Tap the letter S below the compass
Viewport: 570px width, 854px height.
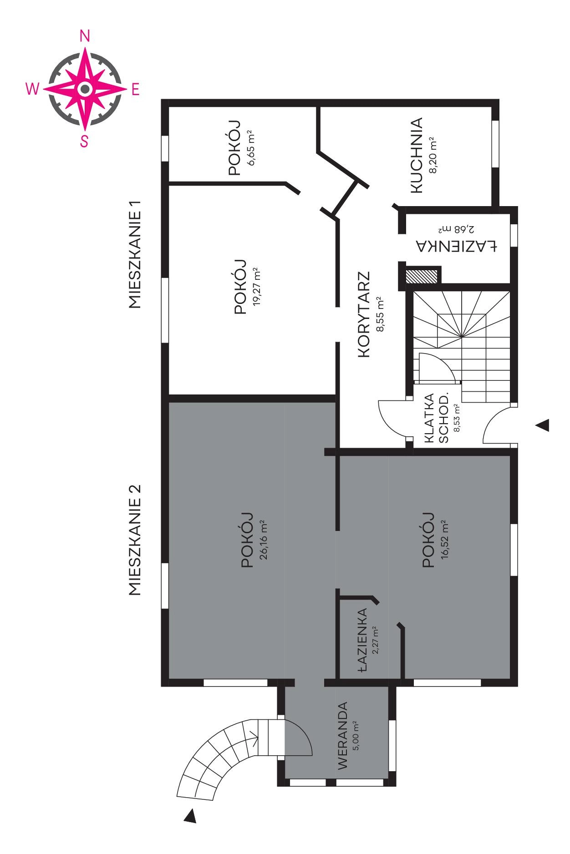pos(84,141)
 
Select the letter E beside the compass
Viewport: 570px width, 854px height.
pos(135,90)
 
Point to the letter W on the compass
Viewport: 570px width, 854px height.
pos(32,90)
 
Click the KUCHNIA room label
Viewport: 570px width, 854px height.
pos(417,156)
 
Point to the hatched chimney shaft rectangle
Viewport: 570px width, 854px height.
pos(422,276)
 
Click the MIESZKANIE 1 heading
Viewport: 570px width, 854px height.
pos(135,255)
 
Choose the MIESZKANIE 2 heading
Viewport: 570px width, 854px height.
pos(135,540)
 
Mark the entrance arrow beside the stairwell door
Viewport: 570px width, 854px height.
pos(542,425)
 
